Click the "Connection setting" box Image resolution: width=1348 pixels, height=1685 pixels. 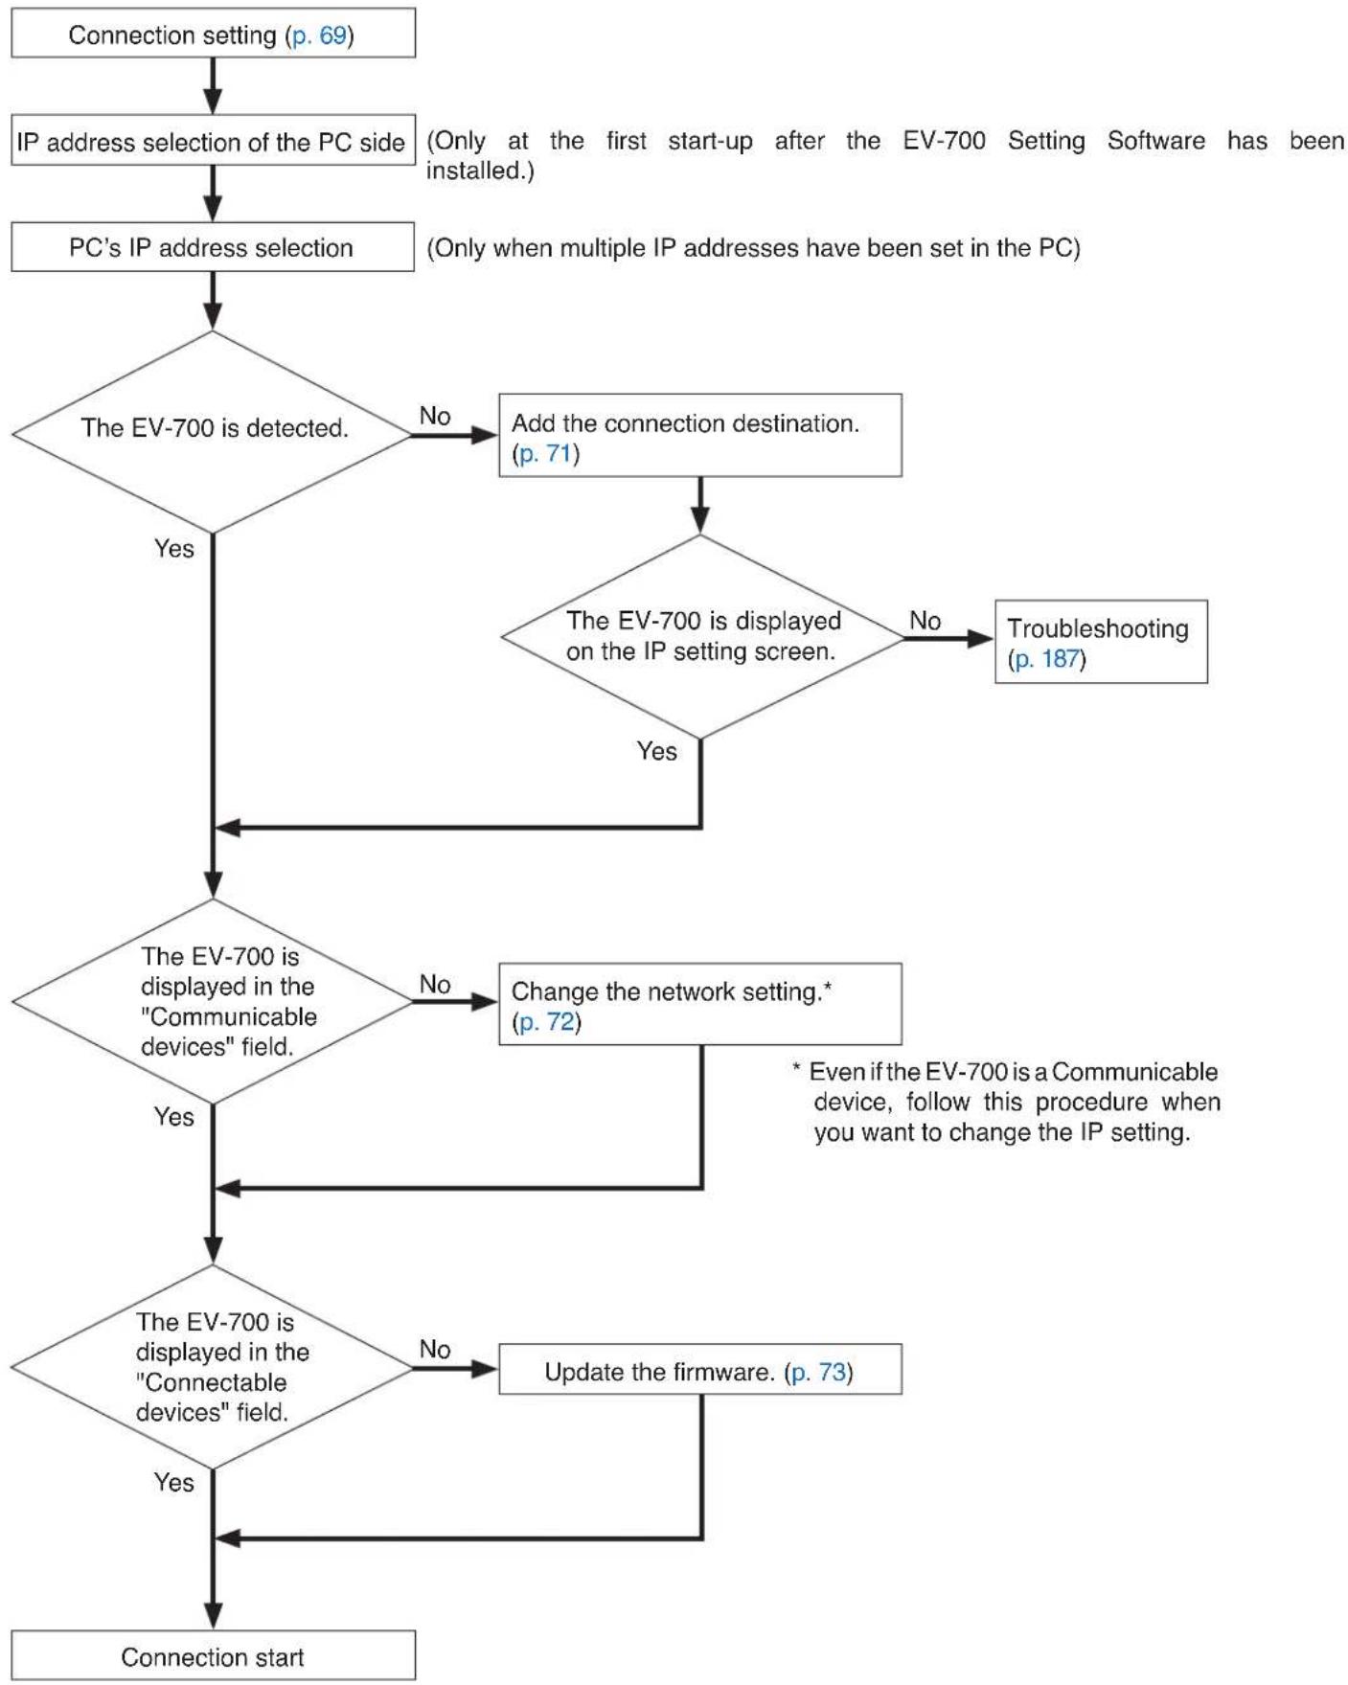tap(213, 34)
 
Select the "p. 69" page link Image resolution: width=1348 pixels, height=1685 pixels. tap(319, 35)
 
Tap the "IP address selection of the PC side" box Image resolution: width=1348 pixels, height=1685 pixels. tap(213, 141)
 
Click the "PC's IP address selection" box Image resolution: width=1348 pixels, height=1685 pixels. tap(213, 247)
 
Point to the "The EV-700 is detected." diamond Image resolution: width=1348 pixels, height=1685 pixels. tap(212, 432)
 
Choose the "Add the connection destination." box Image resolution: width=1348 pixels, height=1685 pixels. tap(700, 435)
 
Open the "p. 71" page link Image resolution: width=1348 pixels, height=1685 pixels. tap(545, 453)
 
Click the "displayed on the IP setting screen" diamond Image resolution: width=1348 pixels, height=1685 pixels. tap(701, 637)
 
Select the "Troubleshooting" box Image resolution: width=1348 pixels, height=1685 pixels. tap(1101, 642)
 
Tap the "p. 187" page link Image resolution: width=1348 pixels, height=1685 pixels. tap(1046, 659)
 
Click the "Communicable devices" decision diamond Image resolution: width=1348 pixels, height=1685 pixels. tap(212, 1001)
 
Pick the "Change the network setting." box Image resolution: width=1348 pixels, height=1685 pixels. tap(700, 1004)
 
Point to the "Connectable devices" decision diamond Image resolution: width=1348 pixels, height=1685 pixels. tap(212, 1367)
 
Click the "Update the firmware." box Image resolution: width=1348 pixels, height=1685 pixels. tap(700, 1369)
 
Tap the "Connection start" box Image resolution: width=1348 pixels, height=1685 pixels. tap(213, 1655)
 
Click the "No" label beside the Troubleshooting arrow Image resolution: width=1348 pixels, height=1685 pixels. tap(925, 621)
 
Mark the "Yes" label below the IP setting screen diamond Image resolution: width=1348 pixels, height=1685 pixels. tap(656, 751)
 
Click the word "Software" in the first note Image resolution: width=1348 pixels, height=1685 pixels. tap(1156, 141)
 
